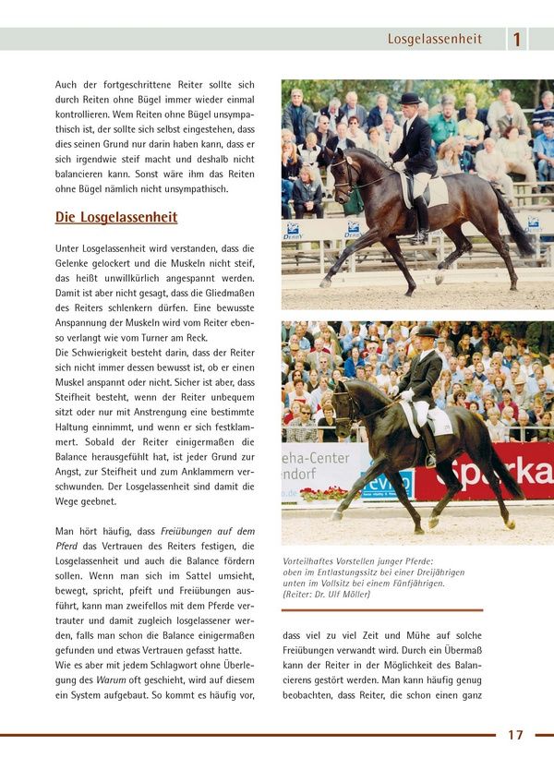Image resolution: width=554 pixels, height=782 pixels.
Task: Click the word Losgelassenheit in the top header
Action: tap(434, 39)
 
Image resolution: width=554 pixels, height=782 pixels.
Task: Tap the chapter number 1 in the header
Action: tap(517, 39)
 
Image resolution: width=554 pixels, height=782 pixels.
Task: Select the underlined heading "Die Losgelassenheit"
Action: tap(116, 218)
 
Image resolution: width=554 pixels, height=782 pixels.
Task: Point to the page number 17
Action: tap(515, 735)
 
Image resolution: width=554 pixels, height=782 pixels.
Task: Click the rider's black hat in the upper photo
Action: tap(410, 99)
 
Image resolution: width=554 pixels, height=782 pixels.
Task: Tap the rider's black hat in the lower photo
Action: tap(427, 332)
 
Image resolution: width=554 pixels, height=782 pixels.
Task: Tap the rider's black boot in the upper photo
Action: tap(421, 217)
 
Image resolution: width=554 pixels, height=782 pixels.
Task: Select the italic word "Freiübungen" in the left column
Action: tap(183, 531)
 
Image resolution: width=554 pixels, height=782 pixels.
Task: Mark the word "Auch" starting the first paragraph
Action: tap(67, 84)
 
